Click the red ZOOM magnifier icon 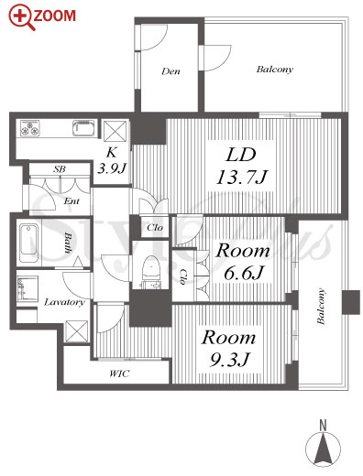coord(21,17)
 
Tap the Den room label coord(170,71)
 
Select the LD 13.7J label coord(242,167)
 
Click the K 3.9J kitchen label coord(112,160)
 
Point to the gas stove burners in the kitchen coord(30,128)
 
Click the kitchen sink coord(84,128)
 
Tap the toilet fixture coord(151,272)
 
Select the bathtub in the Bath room coord(29,243)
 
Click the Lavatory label coord(64,302)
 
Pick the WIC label coord(119,373)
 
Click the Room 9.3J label coord(228,349)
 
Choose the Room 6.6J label coord(243,262)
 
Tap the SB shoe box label coord(60,169)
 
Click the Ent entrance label coord(71,201)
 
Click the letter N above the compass coord(323,426)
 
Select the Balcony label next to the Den coord(275,70)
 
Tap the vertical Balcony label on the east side coord(321,306)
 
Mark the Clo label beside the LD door coord(155,228)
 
